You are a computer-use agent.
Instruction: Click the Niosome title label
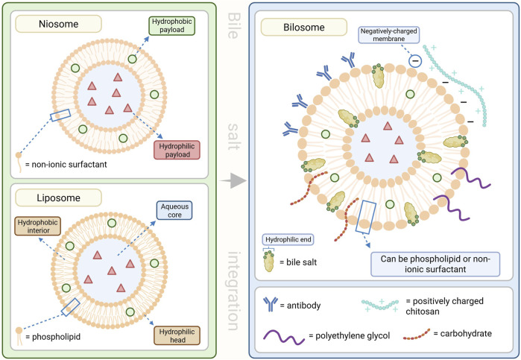click(58, 24)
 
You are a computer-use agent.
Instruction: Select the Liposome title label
click(58, 198)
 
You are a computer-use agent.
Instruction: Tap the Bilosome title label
click(304, 28)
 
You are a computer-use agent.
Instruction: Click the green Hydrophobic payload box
click(171, 25)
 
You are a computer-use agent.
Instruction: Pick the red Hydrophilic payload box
click(177, 151)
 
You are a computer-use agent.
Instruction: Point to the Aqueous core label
click(174, 211)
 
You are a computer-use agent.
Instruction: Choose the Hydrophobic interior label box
click(37, 227)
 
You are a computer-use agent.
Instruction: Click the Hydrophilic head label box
click(177, 335)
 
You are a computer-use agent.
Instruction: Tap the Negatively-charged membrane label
click(389, 35)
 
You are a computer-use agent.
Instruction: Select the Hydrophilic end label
click(288, 239)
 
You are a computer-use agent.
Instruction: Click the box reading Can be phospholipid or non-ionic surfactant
click(435, 264)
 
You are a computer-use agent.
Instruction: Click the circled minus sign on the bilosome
click(415, 61)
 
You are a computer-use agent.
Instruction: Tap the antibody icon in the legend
click(271, 304)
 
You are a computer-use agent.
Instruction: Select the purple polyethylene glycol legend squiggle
click(284, 336)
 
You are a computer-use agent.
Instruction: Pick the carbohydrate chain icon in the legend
click(417, 335)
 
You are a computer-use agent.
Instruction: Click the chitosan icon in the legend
click(380, 305)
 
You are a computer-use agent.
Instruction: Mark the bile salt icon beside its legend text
click(269, 262)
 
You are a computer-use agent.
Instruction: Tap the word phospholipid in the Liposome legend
click(56, 337)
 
